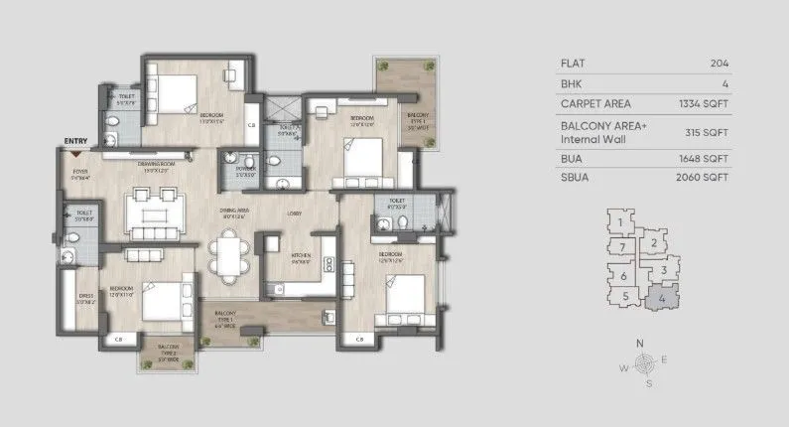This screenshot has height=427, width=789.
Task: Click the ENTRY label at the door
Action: (x=74, y=142)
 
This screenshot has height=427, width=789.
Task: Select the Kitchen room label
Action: (x=302, y=258)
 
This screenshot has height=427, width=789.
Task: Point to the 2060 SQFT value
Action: (x=707, y=178)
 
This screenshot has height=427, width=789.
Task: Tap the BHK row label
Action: (x=571, y=83)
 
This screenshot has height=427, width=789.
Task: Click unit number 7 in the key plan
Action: (x=621, y=246)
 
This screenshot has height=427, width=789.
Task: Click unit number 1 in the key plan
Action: (x=619, y=223)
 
